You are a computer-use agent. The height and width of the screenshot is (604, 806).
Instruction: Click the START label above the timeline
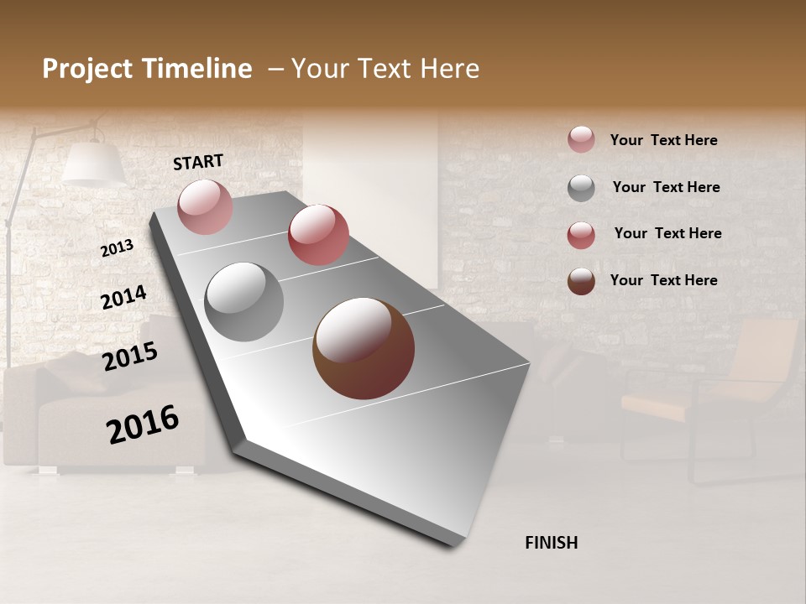[x=198, y=162]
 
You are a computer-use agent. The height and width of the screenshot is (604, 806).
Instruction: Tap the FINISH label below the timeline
[x=551, y=543]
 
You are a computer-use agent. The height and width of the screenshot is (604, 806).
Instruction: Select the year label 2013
[x=118, y=247]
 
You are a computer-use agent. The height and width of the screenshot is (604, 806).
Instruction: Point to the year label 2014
[x=123, y=298]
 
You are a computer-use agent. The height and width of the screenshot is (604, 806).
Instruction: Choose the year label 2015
[x=130, y=357]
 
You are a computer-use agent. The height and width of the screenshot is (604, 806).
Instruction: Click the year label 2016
[x=143, y=424]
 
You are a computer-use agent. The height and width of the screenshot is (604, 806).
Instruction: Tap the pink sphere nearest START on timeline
[x=205, y=206]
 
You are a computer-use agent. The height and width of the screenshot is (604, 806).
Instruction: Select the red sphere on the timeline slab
[x=318, y=235]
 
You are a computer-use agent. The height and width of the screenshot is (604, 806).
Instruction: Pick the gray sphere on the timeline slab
[x=244, y=301]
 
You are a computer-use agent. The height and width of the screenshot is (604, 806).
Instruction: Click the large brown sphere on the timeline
[x=364, y=348]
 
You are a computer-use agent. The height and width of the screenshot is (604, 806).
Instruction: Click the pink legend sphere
[x=581, y=140]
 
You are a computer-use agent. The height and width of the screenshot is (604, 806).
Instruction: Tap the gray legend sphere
[x=581, y=188]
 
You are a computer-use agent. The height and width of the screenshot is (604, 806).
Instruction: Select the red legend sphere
[x=581, y=235]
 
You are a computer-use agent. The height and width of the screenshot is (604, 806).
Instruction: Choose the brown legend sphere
[x=581, y=281]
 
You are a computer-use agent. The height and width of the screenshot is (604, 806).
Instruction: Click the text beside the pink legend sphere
[x=663, y=140]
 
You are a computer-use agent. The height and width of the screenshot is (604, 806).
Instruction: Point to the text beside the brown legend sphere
[x=663, y=280]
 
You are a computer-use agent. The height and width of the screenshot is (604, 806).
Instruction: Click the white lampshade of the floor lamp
[x=92, y=164]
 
